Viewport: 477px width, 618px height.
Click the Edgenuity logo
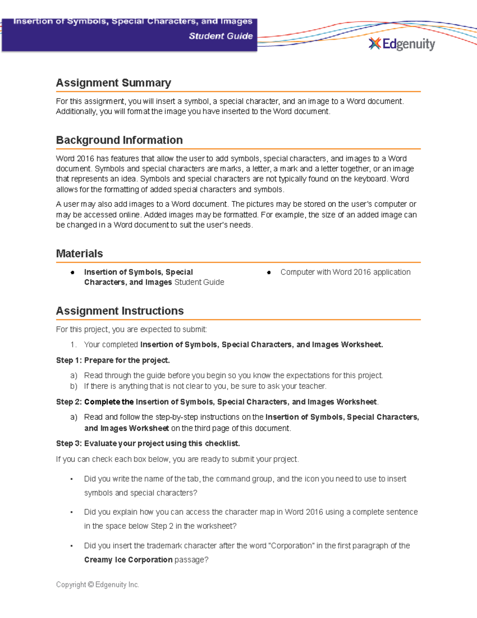click(x=402, y=44)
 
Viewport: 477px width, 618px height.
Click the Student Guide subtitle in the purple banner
click(x=221, y=36)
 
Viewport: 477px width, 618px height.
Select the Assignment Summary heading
click(x=113, y=83)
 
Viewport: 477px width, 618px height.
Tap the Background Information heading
click(x=119, y=140)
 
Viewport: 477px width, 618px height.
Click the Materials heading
click(x=79, y=253)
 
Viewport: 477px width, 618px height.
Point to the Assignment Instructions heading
click(x=120, y=311)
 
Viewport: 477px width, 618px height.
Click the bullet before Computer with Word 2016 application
click(x=269, y=273)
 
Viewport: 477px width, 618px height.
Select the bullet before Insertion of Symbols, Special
click(x=72, y=273)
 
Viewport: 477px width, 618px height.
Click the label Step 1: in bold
click(x=69, y=360)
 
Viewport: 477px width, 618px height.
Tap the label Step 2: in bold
click(x=69, y=402)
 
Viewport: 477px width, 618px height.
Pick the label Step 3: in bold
click(x=69, y=443)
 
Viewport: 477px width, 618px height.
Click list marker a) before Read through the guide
click(x=74, y=376)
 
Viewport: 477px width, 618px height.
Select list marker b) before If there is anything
click(x=74, y=386)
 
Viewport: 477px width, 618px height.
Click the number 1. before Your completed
click(x=73, y=345)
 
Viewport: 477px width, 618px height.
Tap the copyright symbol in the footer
click(x=91, y=585)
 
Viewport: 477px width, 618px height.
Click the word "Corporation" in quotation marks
click(x=291, y=546)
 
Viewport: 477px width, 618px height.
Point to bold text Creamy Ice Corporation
click(x=128, y=560)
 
